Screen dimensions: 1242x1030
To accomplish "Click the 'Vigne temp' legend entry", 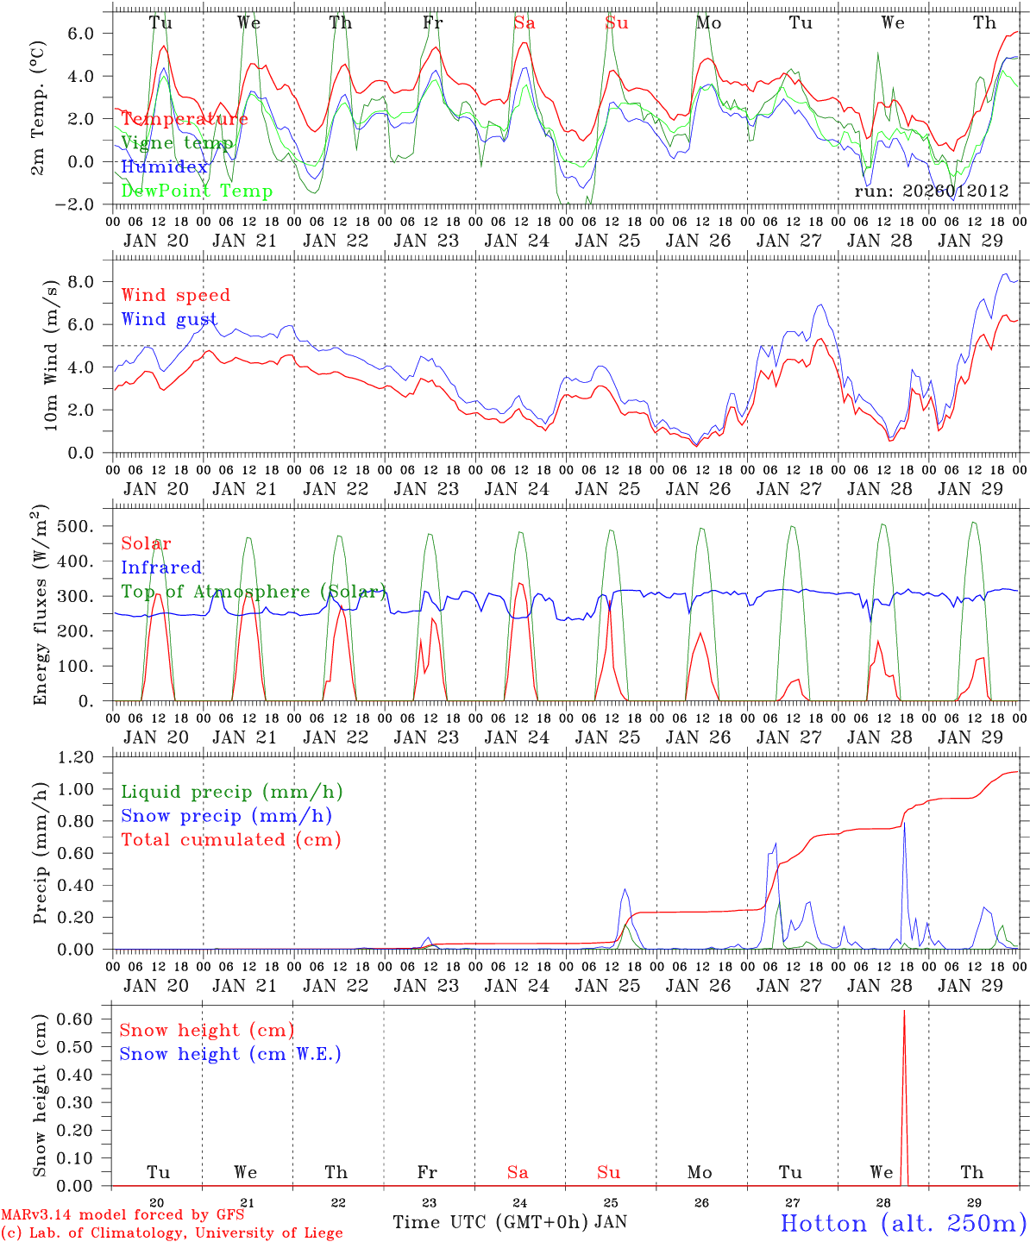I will click(177, 143).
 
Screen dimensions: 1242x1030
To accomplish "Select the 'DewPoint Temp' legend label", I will click(197, 191).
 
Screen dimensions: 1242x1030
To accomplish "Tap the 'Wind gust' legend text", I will click(169, 319).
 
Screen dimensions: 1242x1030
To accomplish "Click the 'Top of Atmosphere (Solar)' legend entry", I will click(254, 592).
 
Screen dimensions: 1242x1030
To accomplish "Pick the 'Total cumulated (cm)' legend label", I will click(231, 839).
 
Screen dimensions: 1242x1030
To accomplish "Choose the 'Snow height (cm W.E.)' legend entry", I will click(230, 1054).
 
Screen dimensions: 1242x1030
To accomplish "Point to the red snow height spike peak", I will click(904, 1011).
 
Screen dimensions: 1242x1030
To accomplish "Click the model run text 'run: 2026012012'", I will click(932, 191).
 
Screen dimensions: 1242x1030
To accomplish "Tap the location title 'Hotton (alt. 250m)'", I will click(903, 1223).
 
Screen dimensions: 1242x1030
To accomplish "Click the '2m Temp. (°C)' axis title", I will click(39, 108).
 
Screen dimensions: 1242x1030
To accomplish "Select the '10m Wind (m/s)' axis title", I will click(51, 354).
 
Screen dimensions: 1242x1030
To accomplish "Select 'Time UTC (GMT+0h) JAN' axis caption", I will click(510, 1222).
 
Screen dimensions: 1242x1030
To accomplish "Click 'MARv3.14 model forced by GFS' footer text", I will click(122, 1214).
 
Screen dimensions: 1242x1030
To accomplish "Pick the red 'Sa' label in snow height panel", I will click(518, 1172).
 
